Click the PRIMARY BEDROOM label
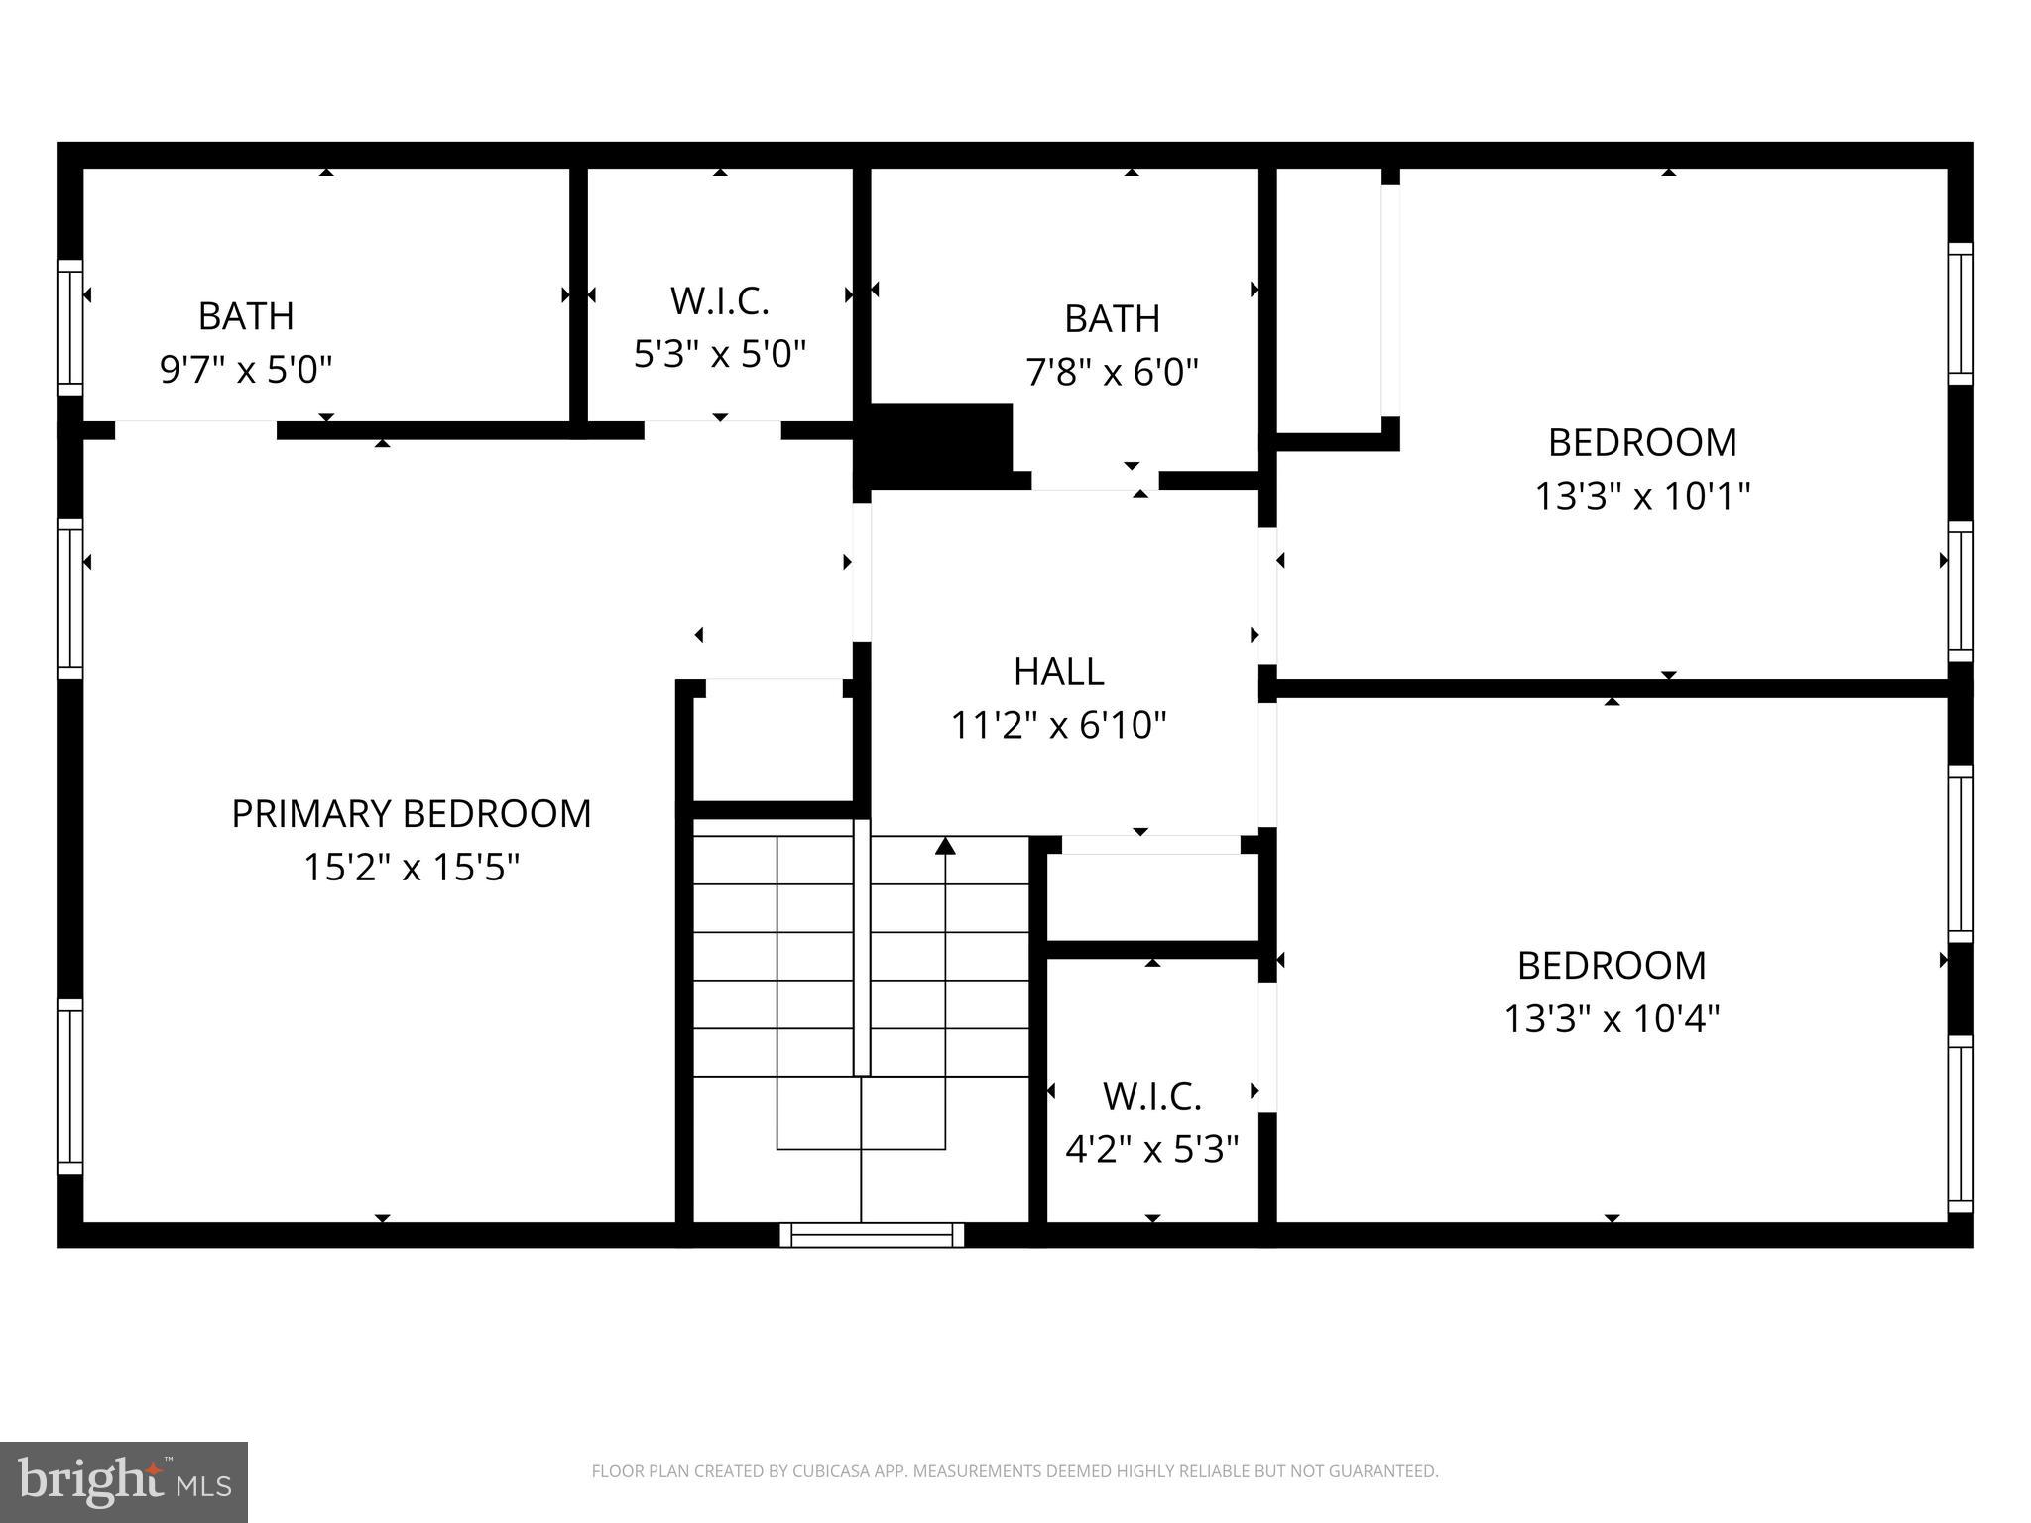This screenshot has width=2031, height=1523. click(411, 814)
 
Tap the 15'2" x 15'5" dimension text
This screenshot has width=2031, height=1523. click(411, 868)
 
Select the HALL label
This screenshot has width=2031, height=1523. click(1058, 672)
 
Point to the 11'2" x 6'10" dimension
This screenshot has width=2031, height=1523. click(1058, 726)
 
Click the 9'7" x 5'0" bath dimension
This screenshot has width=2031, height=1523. click(246, 370)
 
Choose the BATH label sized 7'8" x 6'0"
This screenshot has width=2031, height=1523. click(1112, 319)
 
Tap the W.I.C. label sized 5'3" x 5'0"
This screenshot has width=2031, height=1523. click(720, 301)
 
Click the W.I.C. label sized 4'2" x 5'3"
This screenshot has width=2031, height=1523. click(1151, 1097)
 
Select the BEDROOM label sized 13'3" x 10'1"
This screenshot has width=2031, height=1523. click(1642, 442)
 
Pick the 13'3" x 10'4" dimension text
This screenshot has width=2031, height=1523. click(1612, 1019)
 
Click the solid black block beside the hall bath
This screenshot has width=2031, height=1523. click(937, 444)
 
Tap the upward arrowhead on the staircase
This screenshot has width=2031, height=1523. click(945, 846)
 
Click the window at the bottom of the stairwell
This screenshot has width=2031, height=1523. click(872, 1234)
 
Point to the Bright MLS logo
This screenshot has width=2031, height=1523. click(123, 1481)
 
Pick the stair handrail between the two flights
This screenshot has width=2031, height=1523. click(862, 947)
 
